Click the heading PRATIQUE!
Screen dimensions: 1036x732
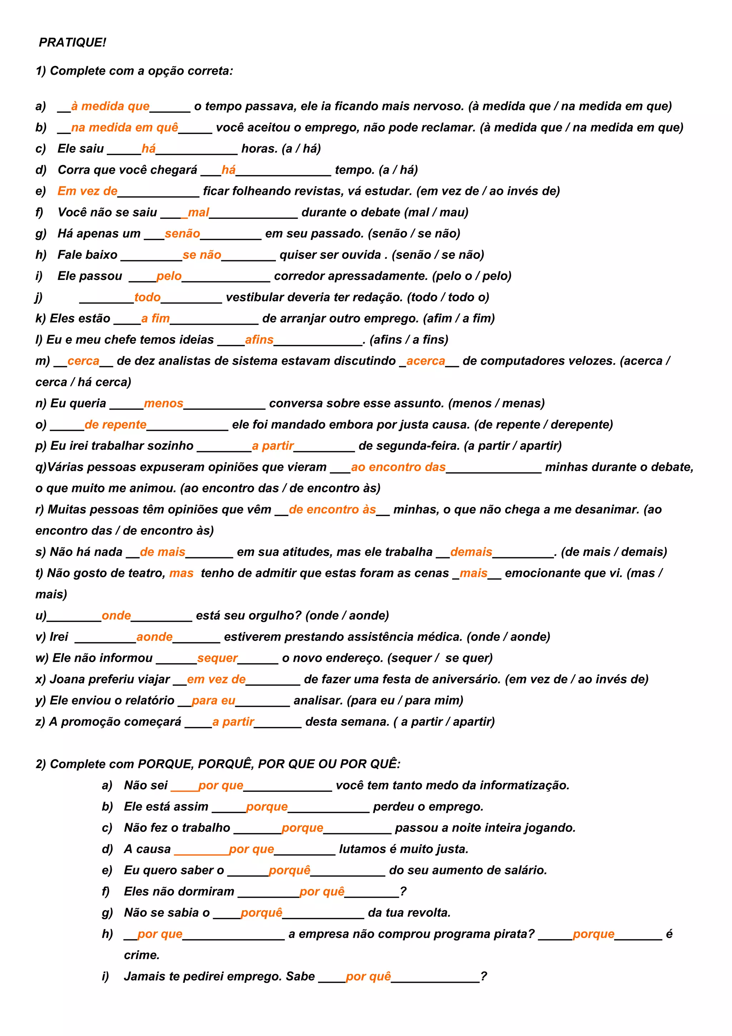point(72,43)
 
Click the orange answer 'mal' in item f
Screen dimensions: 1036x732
point(198,212)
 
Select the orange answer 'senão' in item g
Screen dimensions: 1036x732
point(182,234)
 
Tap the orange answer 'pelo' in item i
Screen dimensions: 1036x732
point(169,276)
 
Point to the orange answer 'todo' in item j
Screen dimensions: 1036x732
point(148,297)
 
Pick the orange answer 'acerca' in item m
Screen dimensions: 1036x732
point(425,361)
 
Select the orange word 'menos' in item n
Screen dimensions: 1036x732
point(164,403)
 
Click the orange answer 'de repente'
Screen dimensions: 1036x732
point(115,425)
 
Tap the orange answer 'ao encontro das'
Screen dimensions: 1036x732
point(398,467)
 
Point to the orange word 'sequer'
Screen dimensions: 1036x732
point(217,658)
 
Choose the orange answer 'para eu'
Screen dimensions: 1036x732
point(213,701)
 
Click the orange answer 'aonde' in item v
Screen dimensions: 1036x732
point(154,637)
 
